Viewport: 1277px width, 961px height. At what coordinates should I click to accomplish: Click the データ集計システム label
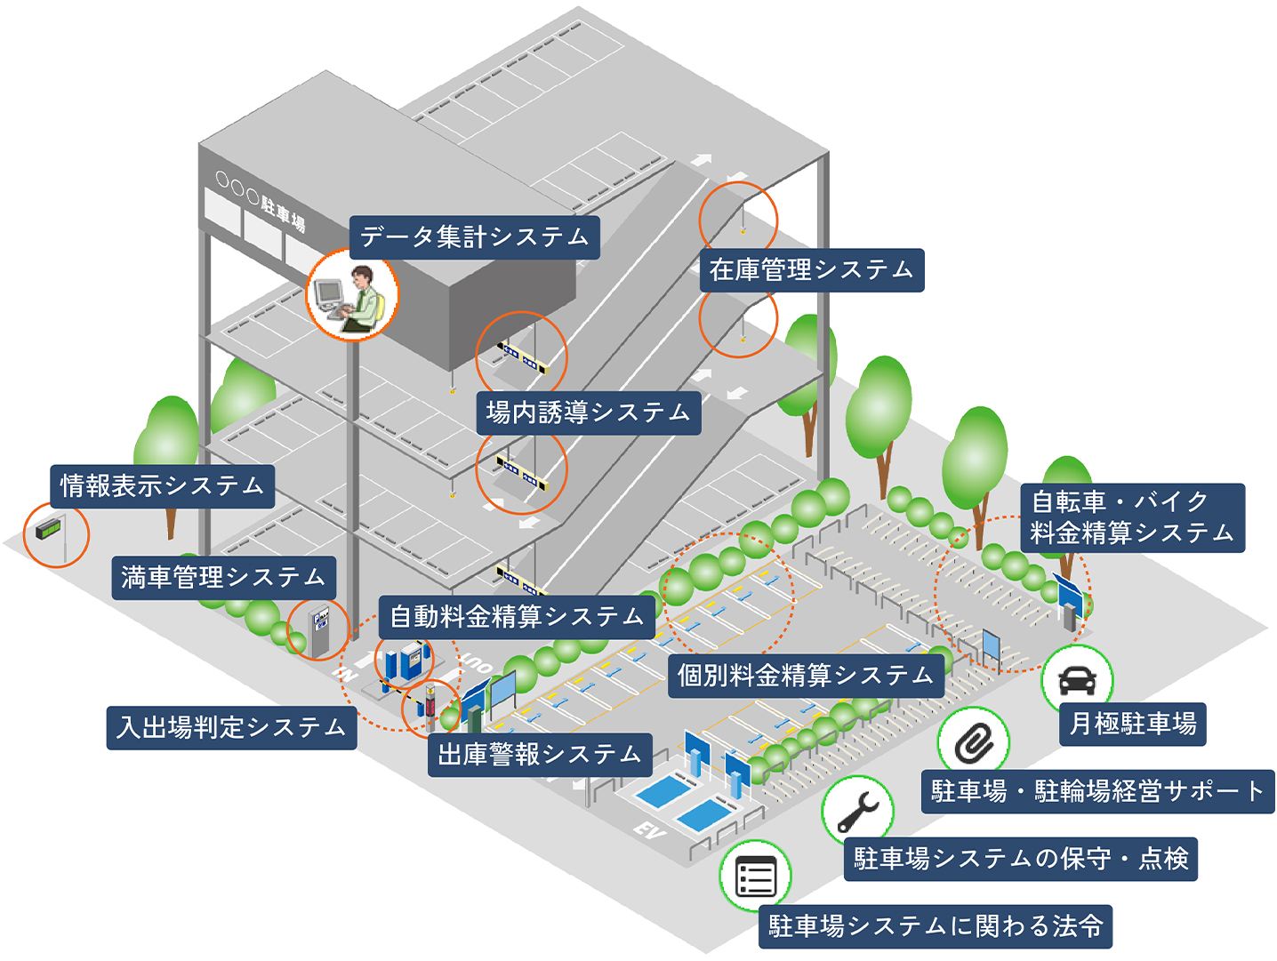[x=474, y=237]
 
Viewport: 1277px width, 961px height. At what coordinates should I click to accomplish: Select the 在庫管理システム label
[x=811, y=270]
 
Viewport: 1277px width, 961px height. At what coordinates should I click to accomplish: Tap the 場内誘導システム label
[x=588, y=412]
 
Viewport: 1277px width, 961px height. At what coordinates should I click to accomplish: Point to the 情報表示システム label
[x=162, y=486]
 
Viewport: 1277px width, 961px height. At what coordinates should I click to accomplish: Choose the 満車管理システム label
[x=223, y=578]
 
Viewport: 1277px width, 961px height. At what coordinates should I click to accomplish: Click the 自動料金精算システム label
[x=517, y=617]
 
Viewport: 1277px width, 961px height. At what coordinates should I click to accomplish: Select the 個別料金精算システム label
[x=805, y=676]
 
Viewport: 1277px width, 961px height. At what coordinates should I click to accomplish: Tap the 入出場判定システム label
[x=231, y=728]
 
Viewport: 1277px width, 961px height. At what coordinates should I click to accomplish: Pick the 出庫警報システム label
[x=540, y=755]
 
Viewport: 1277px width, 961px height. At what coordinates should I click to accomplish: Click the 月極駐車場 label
[x=1132, y=724]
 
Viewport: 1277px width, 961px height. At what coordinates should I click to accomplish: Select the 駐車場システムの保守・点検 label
[x=1020, y=859]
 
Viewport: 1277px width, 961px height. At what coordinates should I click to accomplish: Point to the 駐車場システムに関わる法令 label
[x=935, y=926]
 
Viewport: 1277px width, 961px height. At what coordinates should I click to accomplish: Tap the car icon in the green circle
[x=1077, y=681]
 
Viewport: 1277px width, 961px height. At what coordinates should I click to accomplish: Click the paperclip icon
[x=974, y=742]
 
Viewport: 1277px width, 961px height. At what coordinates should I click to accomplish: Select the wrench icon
[x=857, y=810]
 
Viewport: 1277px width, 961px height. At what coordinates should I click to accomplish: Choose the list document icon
[x=756, y=877]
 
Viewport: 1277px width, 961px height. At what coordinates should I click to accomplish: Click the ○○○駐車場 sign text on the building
[x=261, y=201]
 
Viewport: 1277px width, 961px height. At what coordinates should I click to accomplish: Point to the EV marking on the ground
[x=649, y=831]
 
